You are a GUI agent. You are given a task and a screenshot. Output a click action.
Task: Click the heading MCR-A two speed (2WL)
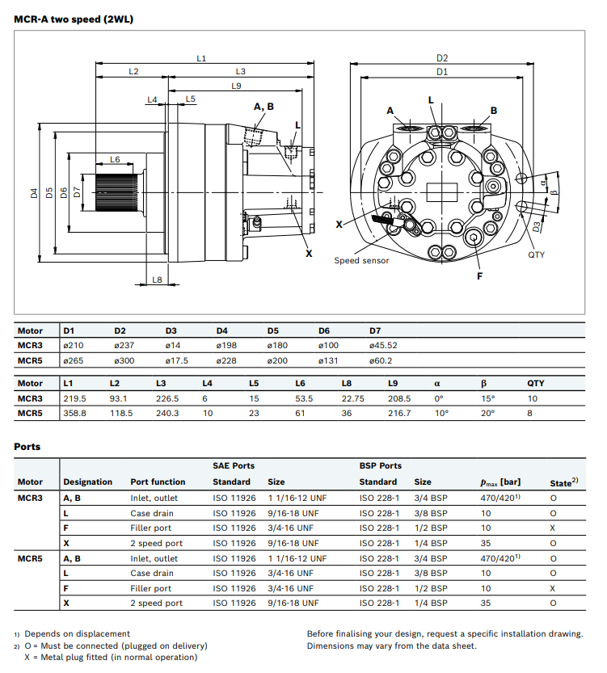74,19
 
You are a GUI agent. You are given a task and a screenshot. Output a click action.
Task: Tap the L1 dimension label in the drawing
202,57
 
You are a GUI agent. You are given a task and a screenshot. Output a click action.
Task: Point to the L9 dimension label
237,86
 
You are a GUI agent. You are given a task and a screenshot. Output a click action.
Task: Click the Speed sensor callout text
361,260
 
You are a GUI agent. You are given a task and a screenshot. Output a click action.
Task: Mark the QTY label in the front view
537,254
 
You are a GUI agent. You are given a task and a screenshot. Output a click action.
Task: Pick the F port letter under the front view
479,276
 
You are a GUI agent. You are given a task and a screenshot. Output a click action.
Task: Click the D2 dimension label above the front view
442,57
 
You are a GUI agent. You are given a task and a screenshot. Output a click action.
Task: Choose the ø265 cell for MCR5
74,360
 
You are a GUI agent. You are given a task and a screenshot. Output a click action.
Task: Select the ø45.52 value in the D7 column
383,345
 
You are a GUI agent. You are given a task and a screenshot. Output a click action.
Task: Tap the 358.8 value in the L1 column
74,413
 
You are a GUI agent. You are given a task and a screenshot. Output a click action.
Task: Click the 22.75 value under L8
352,398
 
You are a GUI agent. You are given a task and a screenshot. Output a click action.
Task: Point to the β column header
484,383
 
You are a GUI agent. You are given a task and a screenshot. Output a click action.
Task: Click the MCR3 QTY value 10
532,398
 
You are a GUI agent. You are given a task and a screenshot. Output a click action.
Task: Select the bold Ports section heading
27,446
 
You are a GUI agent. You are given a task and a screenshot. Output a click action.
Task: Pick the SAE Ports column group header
234,465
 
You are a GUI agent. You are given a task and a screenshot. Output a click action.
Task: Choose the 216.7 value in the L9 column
399,413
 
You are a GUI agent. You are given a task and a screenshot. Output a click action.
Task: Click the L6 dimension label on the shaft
116,160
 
